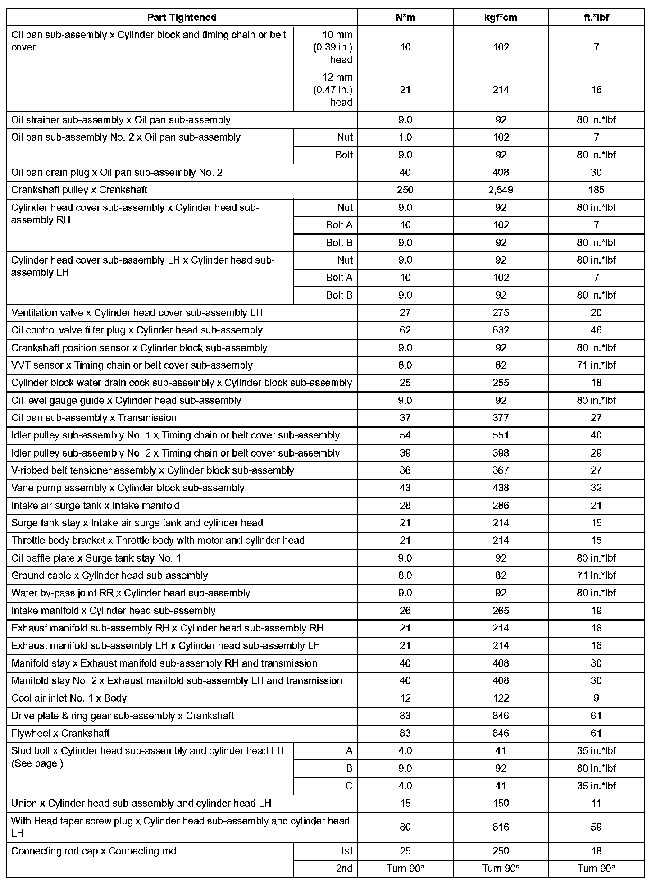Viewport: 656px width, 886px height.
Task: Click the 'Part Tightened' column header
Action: (x=182, y=18)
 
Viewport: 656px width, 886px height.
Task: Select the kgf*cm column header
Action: (x=501, y=18)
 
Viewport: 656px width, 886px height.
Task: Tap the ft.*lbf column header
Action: (x=596, y=18)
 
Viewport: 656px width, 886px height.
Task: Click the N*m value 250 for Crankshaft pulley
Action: (x=405, y=190)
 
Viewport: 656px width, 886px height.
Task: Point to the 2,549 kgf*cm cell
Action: (x=501, y=190)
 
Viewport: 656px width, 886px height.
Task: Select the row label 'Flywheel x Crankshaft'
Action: (x=60, y=734)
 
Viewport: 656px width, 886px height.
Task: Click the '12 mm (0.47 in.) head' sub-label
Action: (x=333, y=90)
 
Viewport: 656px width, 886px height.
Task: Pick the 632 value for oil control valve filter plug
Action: (x=501, y=330)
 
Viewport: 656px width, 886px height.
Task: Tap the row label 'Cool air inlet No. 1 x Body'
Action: (x=69, y=699)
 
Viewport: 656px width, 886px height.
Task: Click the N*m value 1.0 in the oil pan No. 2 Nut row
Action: (x=405, y=137)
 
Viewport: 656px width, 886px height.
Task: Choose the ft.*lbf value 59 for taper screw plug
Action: (x=596, y=827)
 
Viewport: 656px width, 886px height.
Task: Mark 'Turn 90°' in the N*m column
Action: (x=405, y=869)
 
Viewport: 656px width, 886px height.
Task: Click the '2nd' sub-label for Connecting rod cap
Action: (x=344, y=869)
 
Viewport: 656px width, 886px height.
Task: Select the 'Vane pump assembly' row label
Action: (x=128, y=488)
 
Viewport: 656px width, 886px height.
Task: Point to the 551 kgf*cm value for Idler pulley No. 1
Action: (x=501, y=435)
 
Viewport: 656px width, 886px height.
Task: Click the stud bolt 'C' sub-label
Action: (x=348, y=786)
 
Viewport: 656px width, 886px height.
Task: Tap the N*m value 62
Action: (x=405, y=330)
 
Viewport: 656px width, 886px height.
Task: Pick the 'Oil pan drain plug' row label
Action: (x=117, y=173)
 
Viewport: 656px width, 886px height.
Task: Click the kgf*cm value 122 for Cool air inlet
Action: (x=501, y=699)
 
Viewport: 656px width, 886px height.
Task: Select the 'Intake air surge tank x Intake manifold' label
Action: (x=95, y=506)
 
